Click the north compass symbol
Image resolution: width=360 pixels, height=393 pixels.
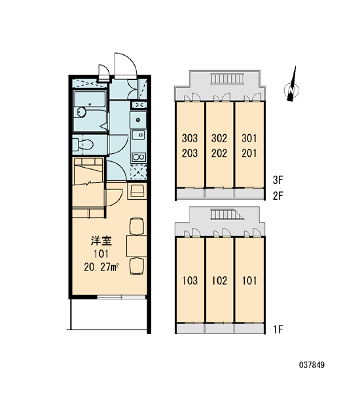click(x=292, y=86)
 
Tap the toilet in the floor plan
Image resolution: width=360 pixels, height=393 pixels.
click(x=84, y=145)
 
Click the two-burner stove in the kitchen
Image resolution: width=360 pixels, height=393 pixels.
click(x=139, y=157)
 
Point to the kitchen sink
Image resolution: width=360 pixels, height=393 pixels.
click(x=138, y=136)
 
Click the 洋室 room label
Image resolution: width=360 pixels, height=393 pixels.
click(x=101, y=241)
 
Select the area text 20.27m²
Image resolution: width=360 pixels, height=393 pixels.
click(x=101, y=267)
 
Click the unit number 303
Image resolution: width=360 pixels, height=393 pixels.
click(x=190, y=138)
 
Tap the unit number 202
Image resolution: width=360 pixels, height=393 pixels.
click(x=219, y=153)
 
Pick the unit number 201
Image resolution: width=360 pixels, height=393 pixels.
click(x=249, y=153)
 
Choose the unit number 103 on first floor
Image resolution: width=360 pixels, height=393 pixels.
click(x=190, y=280)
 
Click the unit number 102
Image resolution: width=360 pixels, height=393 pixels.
click(x=219, y=280)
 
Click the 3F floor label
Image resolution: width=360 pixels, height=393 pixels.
click(x=278, y=180)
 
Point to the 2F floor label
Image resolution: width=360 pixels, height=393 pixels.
click(x=278, y=196)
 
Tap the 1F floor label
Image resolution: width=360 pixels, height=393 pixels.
click(x=278, y=329)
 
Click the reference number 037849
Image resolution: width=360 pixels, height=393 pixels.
click(x=312, y=365)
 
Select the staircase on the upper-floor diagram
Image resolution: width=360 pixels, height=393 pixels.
click(x=226, y=79)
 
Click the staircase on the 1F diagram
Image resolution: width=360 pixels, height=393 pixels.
click(x=228, y=215)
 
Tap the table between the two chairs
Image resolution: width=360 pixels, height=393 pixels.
click(x=137, y=246)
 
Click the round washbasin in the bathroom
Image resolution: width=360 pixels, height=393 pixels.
click(x=81, y=112)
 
